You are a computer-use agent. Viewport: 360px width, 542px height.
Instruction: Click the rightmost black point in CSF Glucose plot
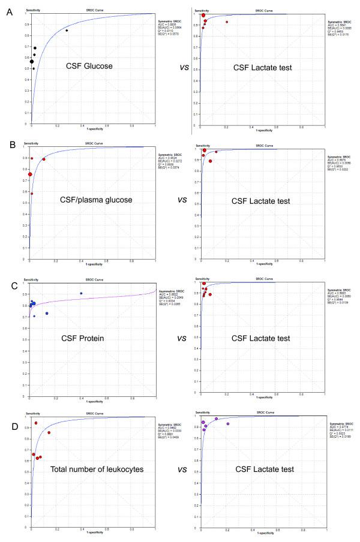(x=67, y=30)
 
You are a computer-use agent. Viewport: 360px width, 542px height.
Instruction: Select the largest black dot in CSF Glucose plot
(x=32, y=61)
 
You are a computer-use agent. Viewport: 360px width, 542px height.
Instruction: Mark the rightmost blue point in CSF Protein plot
(x=81, y=293)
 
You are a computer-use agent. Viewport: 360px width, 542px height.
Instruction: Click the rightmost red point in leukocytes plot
(x=49, y=433)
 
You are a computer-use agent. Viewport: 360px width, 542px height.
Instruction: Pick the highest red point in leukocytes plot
(x=36, y=423)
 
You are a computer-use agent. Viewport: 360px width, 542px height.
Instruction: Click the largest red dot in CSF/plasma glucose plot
(x=30, y=174)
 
